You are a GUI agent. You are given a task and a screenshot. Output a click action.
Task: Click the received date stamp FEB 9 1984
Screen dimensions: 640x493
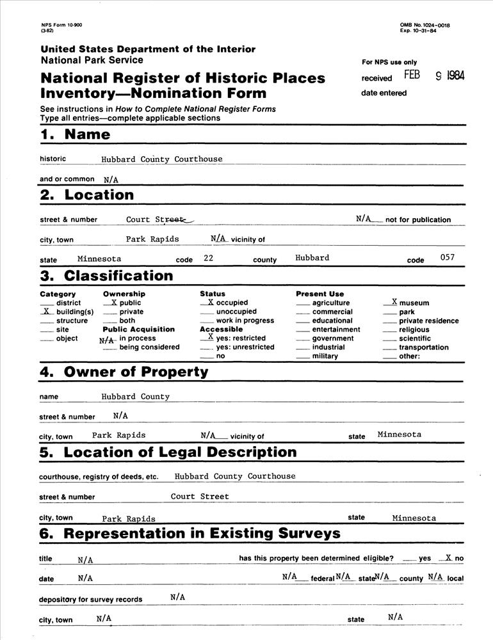434,76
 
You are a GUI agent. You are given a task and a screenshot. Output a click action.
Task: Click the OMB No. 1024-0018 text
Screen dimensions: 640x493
425,25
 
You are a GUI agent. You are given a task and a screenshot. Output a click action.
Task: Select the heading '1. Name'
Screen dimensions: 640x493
75,134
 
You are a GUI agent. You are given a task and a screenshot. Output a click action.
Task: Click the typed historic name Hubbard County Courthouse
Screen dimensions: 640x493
161,159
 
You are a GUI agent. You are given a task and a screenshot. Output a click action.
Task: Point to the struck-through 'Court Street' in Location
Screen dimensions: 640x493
159,220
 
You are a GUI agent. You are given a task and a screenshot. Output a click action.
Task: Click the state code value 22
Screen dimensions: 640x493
208,258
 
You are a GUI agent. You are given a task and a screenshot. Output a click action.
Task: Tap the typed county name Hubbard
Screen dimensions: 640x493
312,258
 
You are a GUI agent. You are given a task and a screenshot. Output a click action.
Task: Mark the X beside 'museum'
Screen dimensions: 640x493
394,301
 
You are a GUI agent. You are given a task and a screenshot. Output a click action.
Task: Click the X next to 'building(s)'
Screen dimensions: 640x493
46,311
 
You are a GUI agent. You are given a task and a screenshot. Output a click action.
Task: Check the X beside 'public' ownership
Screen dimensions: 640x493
113,302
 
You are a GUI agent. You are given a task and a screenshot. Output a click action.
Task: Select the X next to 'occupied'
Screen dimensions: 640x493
211,301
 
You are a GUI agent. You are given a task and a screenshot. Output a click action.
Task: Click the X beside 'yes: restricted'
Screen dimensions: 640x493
211,337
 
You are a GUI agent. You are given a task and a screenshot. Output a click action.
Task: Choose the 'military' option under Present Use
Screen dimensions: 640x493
325,356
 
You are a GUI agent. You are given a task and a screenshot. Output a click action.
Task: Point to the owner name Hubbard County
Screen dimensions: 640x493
135,397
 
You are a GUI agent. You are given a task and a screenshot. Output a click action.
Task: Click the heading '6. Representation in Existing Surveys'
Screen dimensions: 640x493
190,534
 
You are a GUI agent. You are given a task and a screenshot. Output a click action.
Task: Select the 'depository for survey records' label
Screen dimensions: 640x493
91,600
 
